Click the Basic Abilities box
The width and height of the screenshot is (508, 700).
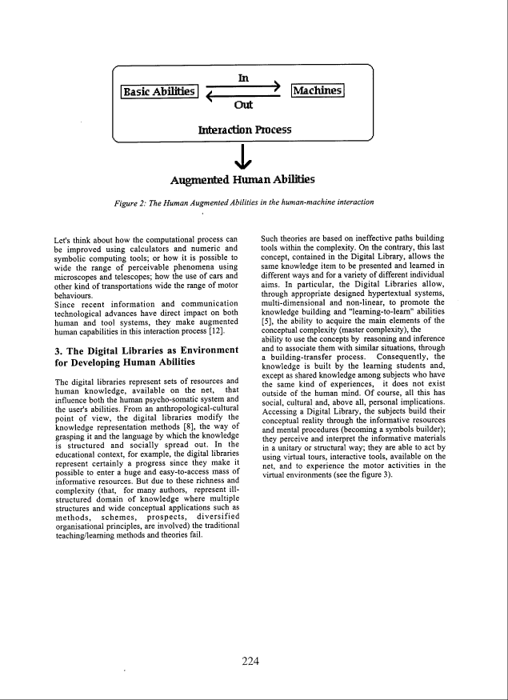pos(158,92)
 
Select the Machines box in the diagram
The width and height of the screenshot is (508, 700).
pos(318,90)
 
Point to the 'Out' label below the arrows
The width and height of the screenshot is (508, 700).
pos(243,105)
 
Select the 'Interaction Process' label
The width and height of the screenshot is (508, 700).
pos(244,129)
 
